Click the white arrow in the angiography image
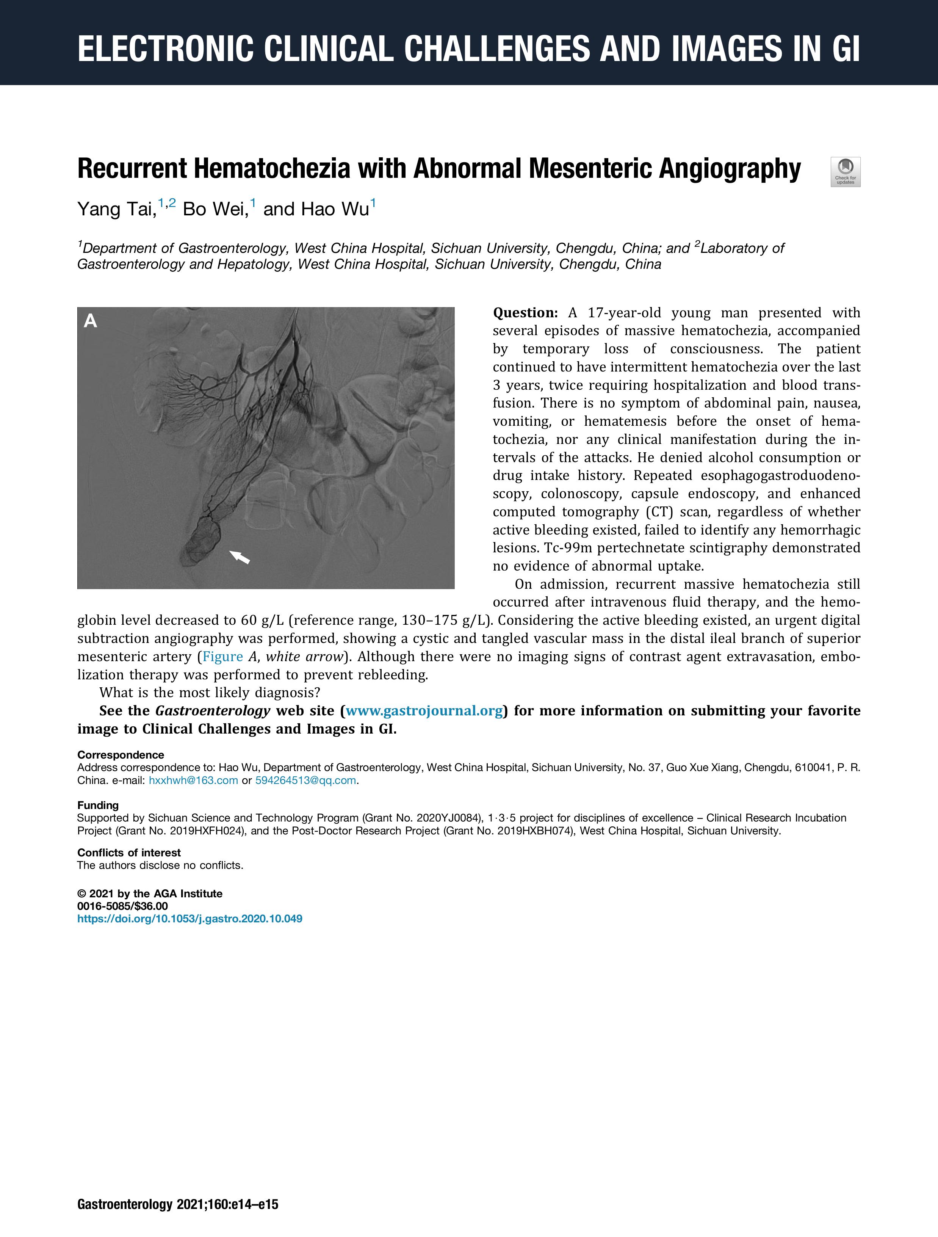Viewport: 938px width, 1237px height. point(240,557)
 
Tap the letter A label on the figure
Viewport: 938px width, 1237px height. point(90,321)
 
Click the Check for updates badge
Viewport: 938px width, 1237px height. point(845,172)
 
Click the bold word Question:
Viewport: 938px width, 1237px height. point(525,313)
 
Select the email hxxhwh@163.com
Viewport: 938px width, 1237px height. point(193,780)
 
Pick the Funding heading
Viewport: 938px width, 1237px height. point(98,805)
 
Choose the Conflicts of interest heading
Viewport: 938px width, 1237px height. point(128,853)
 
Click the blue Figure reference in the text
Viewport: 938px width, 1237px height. point(222,657)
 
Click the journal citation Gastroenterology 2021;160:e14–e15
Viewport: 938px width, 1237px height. point(178,1204)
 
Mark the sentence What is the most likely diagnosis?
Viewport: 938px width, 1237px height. point(210,693)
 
